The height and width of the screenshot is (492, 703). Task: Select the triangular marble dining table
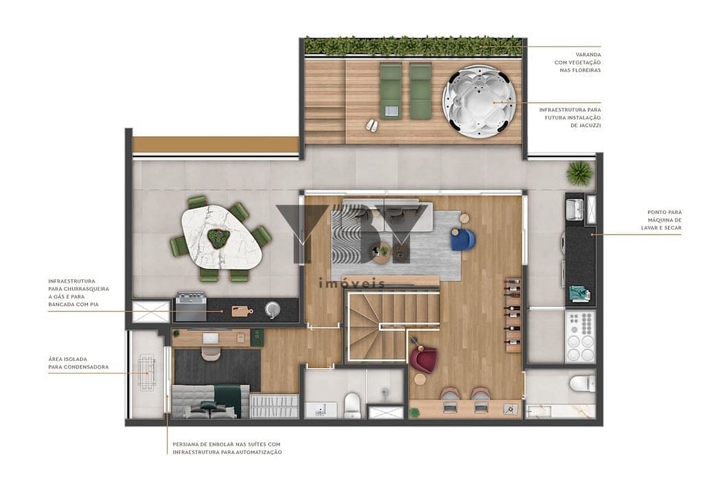(x=221, y=237)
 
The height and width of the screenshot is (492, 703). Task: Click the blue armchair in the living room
(x=463, y=239)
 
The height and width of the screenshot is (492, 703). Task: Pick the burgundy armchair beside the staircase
(x=424, y=359)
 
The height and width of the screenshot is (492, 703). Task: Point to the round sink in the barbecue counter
(x=273, y=309)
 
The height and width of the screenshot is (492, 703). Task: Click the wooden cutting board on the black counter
(x=241, y=311)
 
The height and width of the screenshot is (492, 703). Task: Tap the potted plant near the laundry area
(x=579, y=173)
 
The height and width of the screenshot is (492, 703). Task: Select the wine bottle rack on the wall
(x=513, y=312)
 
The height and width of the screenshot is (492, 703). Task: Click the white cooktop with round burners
(x=580, y=336)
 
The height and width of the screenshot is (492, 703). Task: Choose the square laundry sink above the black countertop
(x=574, y=209)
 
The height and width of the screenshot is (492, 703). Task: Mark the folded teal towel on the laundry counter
(x=579, y=294)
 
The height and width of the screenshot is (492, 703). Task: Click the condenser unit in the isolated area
(x=146, y=371)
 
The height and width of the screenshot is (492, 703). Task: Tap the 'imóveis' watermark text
(x=353, y=283)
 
